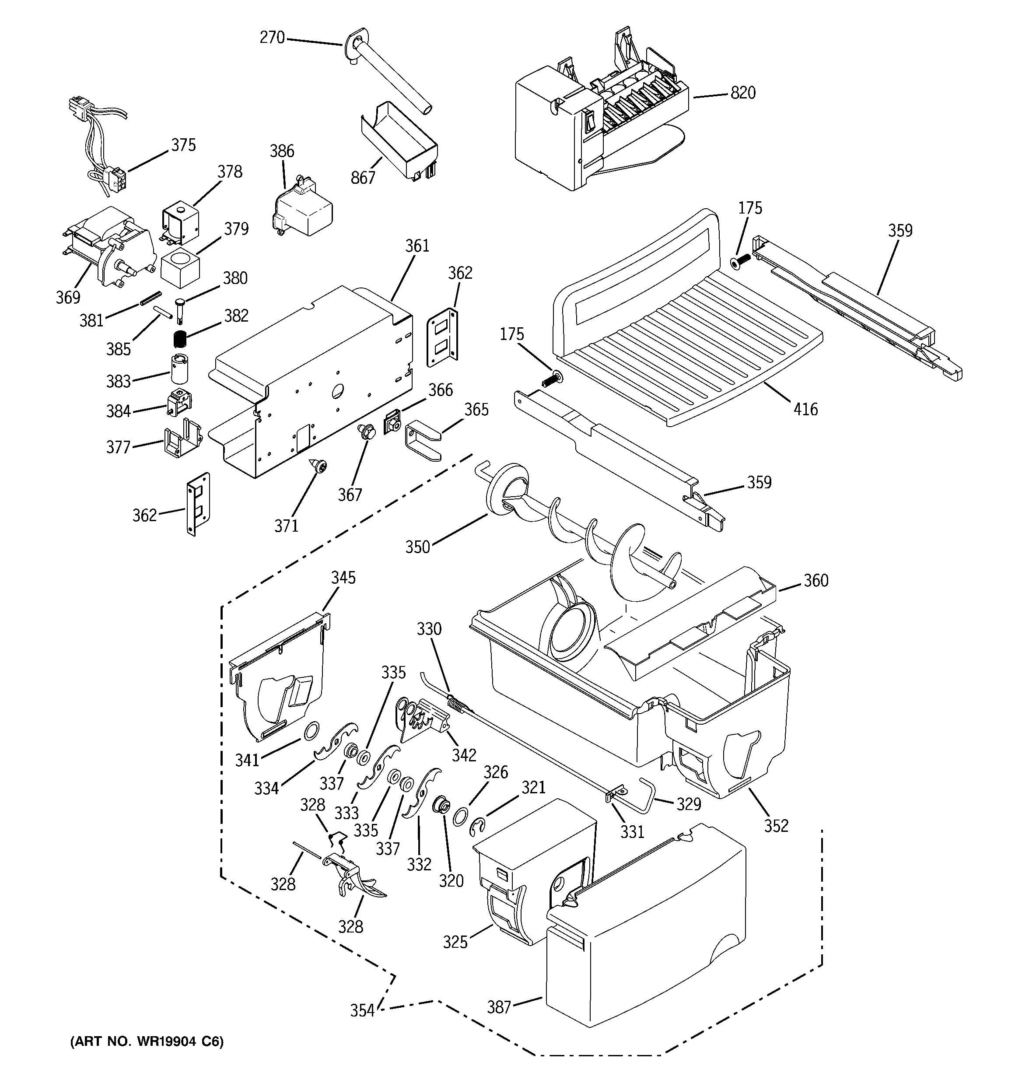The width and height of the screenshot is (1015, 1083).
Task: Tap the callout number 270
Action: click(x=272, y=38)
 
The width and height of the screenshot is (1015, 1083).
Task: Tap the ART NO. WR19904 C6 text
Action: click(x=147, y=1041)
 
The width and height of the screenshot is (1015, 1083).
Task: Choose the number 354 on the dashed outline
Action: click(x=362, y=1010)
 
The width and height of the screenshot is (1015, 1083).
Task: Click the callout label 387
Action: click(x=498, y=1007)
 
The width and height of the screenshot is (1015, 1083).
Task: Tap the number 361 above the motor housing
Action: click(x=417, y=246)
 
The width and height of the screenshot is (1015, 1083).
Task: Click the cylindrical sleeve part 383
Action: click(x=180, y=369)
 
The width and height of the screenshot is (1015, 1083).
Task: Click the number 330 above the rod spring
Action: click(x=429, y=629)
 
